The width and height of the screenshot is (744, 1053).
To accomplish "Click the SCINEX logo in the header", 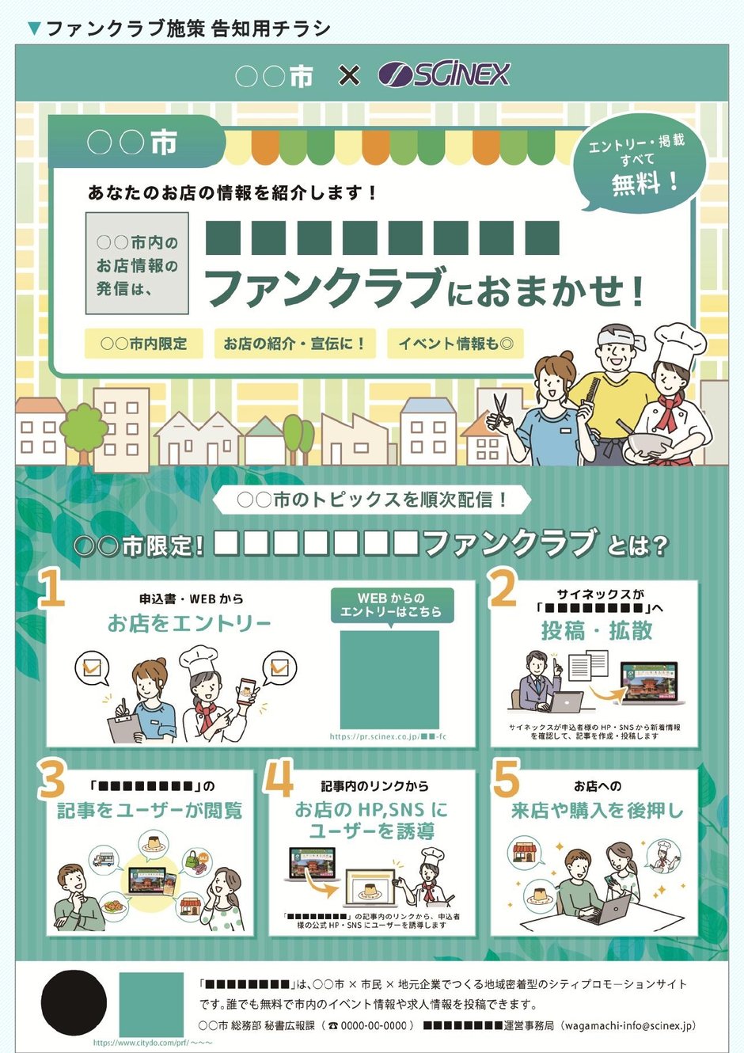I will [x=444, y=74].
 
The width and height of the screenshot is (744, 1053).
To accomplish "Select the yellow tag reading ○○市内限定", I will [x=143, y=344].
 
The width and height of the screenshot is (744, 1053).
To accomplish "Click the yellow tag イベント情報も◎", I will [x=455, y=344].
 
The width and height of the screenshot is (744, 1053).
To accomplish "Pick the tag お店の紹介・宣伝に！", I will [x=294, y=344].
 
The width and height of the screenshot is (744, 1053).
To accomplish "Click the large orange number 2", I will [x=503, y=587].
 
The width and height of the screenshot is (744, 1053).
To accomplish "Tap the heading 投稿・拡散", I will [x=597, y=631].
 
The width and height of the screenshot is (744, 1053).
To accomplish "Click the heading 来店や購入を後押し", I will [x=596, y=811].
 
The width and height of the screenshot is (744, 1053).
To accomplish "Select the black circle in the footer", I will [x=74, y=1003].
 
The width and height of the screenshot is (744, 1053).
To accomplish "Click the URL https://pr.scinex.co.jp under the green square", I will [x=388, y=737].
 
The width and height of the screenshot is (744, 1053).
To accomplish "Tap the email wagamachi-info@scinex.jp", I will [x=630, y=1025].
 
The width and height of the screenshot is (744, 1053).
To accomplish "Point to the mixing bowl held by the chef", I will [x=647, y=446].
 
